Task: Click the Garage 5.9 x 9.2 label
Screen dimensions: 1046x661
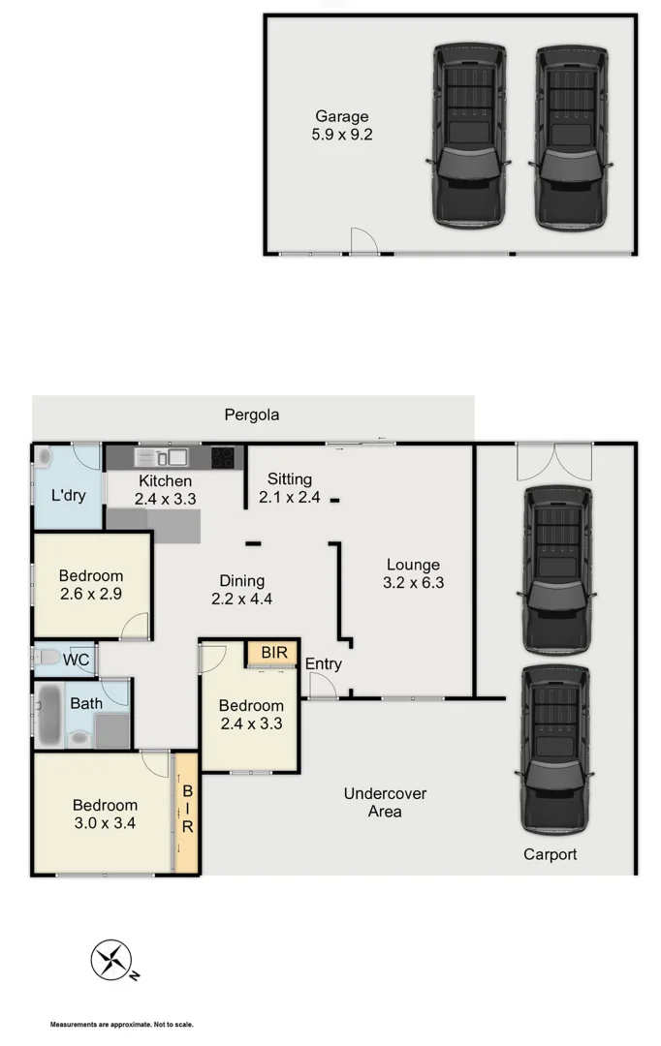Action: pyautogui.click(x=341, y=126)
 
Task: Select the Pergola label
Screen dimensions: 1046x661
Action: pyautogui.click(x=252, y=415)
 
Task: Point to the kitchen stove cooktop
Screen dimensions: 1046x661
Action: pyautogui.click(x=223, y=456)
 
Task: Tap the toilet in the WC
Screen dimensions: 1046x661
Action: pyautogui.click(x=47, y=660)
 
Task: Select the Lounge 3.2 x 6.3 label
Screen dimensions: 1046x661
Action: pyautogui.click(x=413, y=573)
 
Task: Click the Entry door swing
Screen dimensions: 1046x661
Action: pyautogui.click(x=321, y=686)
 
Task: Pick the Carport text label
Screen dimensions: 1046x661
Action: pyautogui.click(x=550, y=854)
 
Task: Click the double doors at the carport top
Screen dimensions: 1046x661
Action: pyautogui.click(x=552, y=461)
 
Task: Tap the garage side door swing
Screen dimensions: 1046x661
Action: pyautogui.click(x=363, y=242)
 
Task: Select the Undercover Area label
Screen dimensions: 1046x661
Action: pyautogui.click(x=385, y=802)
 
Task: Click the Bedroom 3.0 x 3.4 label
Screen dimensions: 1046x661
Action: pyautogui.click(x=105, y=814)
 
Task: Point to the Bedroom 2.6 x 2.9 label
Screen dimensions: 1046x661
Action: pyautogui.click(x=91, y=585)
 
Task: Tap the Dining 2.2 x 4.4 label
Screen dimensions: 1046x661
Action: pyautogui.click(x=241, y=590)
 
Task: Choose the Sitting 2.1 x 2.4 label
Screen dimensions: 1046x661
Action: pyautogui.click(x=289, y=488)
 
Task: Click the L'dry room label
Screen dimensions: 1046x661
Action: pyautogui.click(x=68, y=495)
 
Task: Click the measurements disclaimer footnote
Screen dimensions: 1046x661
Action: pyautogui.click(x=122, y=1024)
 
